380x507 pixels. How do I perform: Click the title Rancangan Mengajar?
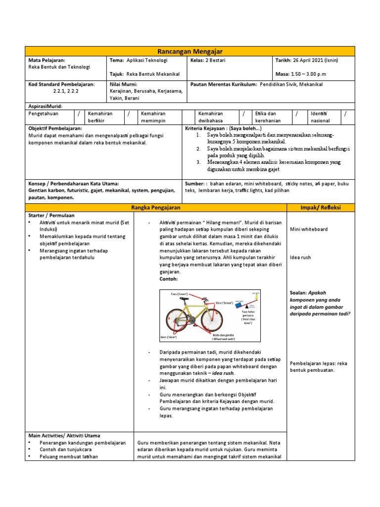190,51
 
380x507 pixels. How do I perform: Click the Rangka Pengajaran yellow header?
156,207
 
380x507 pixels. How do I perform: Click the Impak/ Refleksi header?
321,207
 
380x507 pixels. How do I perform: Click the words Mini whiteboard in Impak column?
309,229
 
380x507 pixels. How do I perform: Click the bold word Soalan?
300,293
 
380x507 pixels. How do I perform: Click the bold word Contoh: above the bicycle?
168,279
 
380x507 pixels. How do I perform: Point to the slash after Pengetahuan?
79,114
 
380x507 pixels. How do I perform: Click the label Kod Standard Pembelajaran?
61,85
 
